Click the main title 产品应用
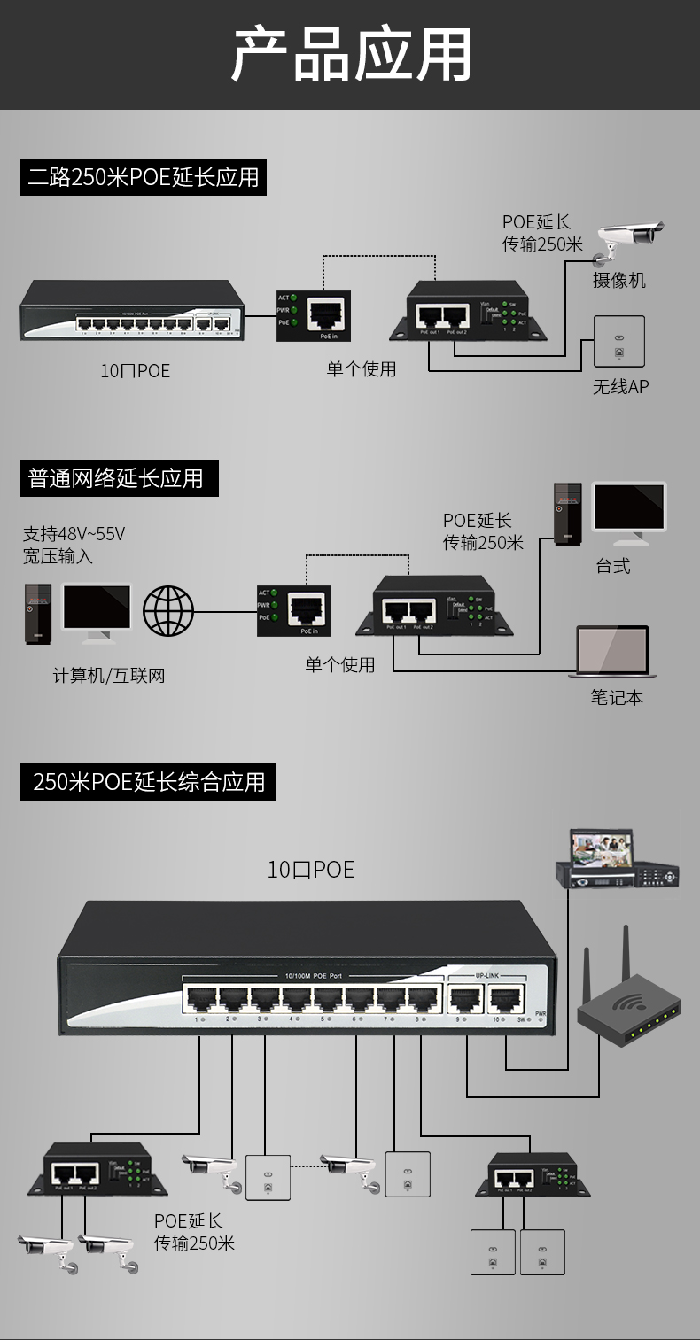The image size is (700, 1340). tap(351, 55)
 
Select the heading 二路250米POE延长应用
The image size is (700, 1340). tap(144, 177)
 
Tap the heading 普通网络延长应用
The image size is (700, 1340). tap(116, 478)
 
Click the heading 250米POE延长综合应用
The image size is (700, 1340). tap(149, 782)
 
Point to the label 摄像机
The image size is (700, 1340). tap(619, 281)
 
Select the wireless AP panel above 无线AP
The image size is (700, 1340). tap(618, 341)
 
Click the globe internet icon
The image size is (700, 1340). tap(168, 610)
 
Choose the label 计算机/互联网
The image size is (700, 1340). tap(109, 676)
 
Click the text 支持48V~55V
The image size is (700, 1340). tap(74, 534)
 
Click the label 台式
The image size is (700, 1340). tap(613, 566)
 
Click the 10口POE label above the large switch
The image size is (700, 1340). tap(311, 870)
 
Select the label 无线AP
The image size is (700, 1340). tap(620, 387)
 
